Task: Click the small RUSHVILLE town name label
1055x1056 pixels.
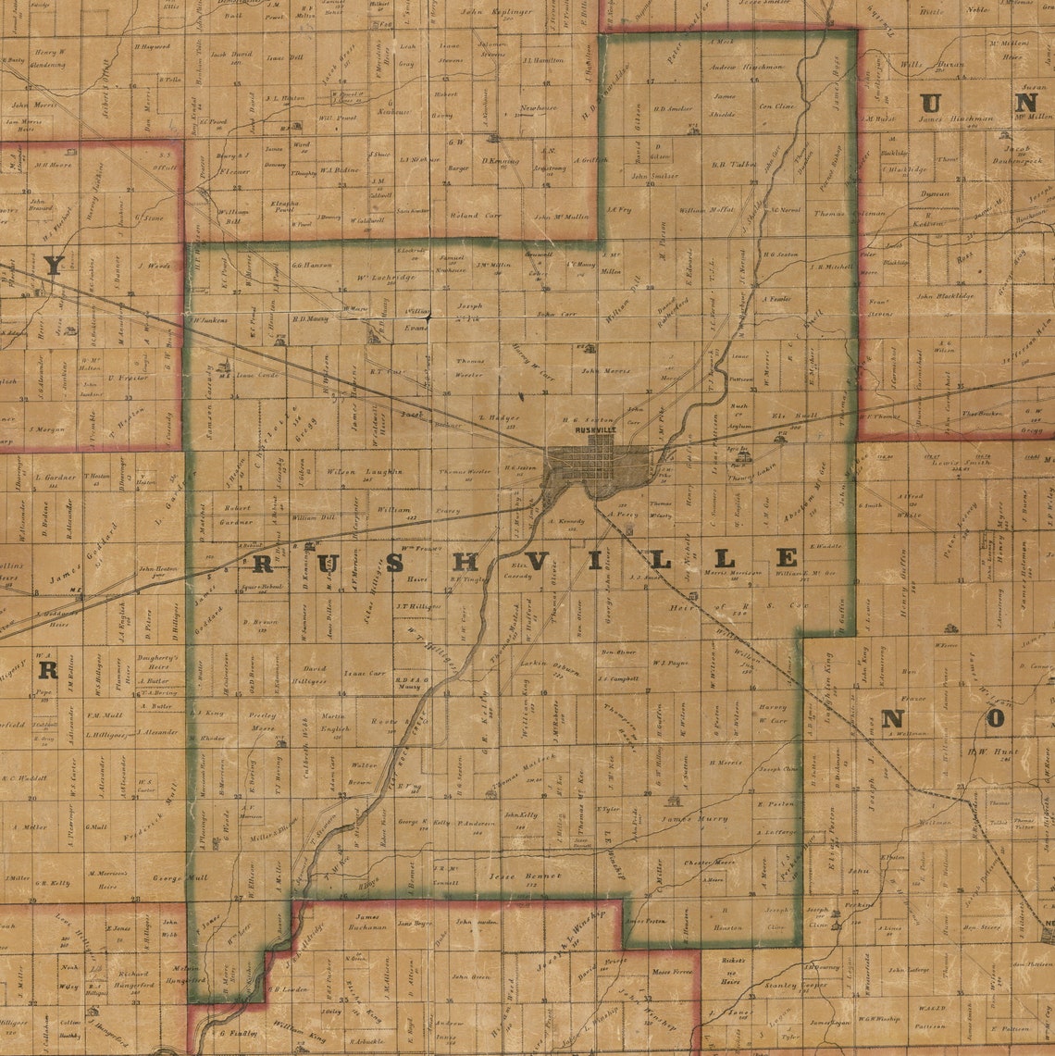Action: pyautogui.click(x=595, y=430)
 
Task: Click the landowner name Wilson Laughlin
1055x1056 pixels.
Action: pyautogui.click(x=364, y=471)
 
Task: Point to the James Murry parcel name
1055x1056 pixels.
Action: pyautogui.click(x=695, y=819)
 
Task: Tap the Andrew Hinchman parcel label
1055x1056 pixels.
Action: pyautogui.click(x=746, y=67)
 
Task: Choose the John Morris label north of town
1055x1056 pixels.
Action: pyautogui.click(x=604, y=371)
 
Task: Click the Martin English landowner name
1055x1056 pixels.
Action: pyautogui.click(x=334, y=722)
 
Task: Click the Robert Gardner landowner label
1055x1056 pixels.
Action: pyautogui.click(x=238, y=515)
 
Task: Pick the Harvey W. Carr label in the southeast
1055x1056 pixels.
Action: pyautogui.click(x=773, y=714)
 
